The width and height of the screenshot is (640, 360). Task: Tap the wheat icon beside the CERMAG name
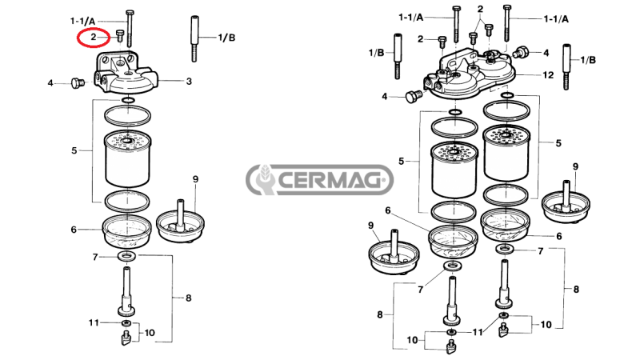tap(262, 181)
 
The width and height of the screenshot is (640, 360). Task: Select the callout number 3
tap(189, 81)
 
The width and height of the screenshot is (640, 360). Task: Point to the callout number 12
tap(548, 74)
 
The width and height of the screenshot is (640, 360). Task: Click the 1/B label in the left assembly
tap(227, 38)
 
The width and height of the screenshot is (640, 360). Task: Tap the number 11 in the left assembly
tap(93, 322)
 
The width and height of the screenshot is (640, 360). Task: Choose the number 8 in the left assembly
tap(189, 298)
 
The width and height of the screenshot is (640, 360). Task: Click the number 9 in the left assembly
tap(194, 178)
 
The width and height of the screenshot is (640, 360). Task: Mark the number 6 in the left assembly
tap(74, 230)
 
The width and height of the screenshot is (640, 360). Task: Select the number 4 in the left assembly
tap(50, 82)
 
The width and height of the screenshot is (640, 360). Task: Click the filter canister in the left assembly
tap(127, 159)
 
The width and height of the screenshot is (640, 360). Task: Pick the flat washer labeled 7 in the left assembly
tap(126, 257)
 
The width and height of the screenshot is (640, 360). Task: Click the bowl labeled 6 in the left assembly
tap(126, 231)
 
